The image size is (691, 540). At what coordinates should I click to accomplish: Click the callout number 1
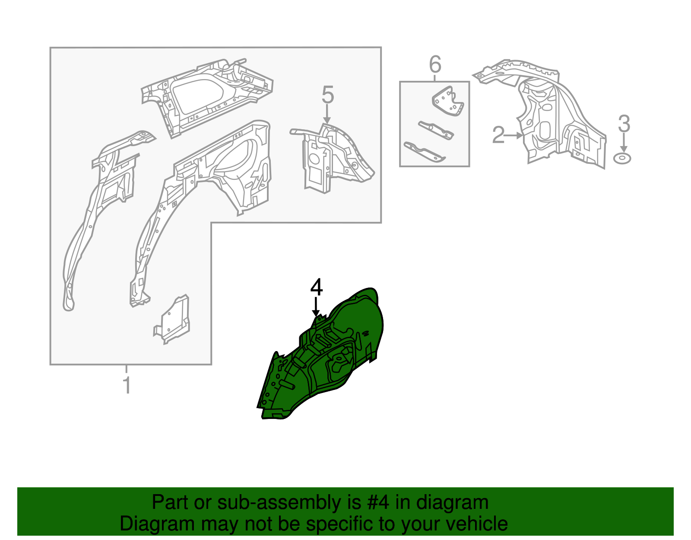127,385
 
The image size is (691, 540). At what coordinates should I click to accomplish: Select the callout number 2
498,135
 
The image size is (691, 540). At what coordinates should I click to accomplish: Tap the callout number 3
624,124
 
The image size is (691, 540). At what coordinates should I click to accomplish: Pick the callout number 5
327,95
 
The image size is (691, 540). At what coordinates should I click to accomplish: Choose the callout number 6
435,64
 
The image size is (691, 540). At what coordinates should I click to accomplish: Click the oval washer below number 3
622,159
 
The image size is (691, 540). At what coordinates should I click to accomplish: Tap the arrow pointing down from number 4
315,307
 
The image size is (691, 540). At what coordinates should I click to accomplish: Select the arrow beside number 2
513,136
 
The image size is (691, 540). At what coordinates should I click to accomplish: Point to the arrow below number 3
624,143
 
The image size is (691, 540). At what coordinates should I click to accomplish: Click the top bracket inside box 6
448,101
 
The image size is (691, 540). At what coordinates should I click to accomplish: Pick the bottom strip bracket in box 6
425,152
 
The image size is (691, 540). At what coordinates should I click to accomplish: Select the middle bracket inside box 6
436,130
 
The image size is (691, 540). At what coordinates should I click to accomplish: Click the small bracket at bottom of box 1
172,319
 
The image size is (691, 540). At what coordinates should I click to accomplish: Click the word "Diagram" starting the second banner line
157,524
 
